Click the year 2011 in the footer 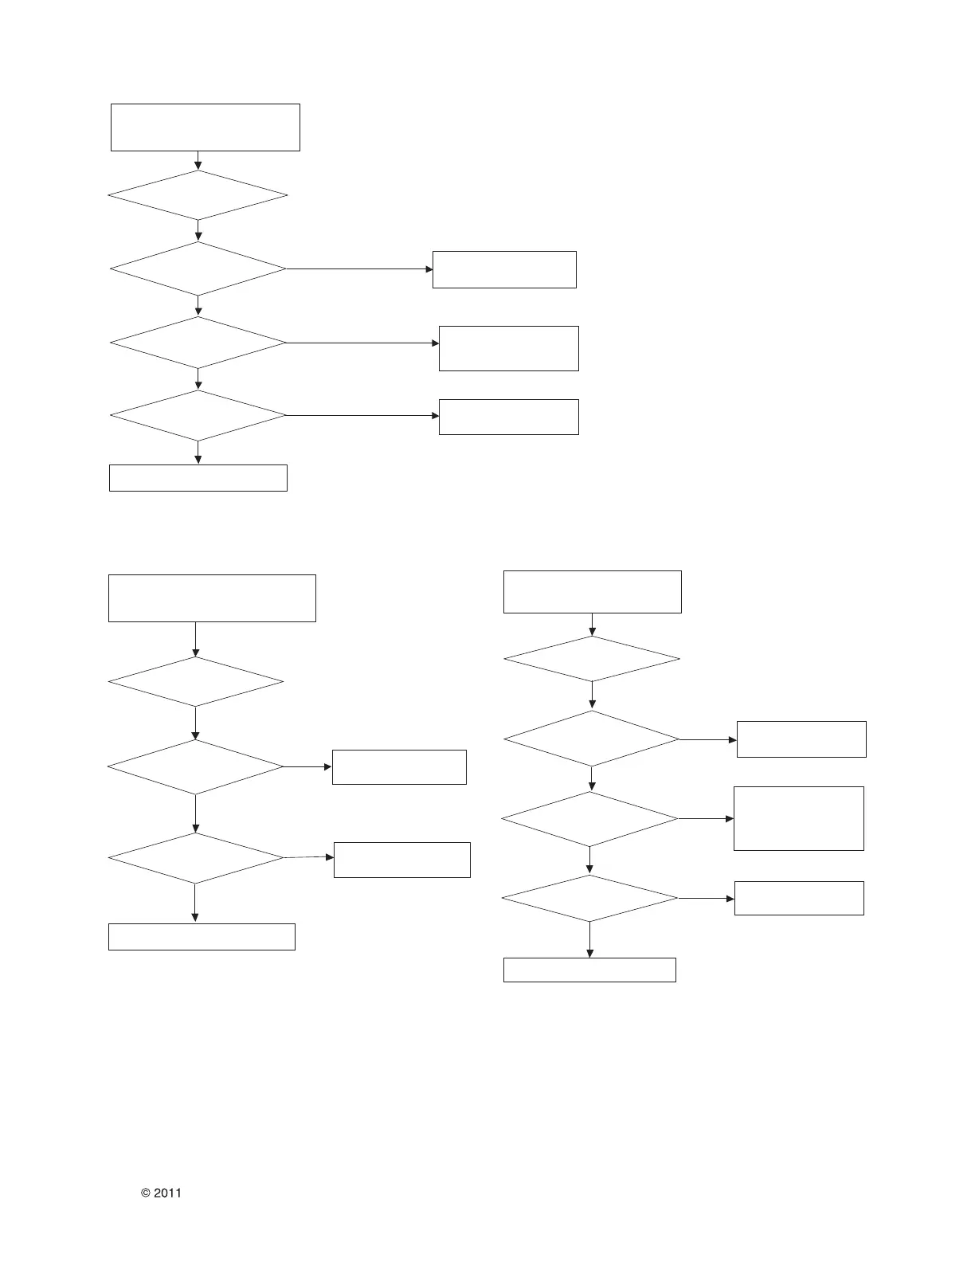(x=167, y=1193)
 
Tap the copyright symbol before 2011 (x=146, y=1193)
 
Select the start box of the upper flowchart (x=205, y=127)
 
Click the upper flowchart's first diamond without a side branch (x=198, y=195)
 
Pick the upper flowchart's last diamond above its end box (x=198, y=415)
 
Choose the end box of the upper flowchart (x=198, y=478)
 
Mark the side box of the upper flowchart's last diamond (x=508, y=417)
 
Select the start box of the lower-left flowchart (x=212, y=598)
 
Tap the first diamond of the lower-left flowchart (x=195, y=682)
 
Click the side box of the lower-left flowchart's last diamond (x=401, y=860)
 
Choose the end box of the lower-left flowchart (x=202, y=937)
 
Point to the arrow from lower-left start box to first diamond (x=195, y=639)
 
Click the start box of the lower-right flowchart (x=592, y=592)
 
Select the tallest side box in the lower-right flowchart (x=798, y=818)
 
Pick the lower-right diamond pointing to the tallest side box (x=589, y=819)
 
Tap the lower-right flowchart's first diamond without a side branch (x=592, y=659)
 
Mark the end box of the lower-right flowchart (x=589, y=970)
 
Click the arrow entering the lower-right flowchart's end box (x=589, y=940)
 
